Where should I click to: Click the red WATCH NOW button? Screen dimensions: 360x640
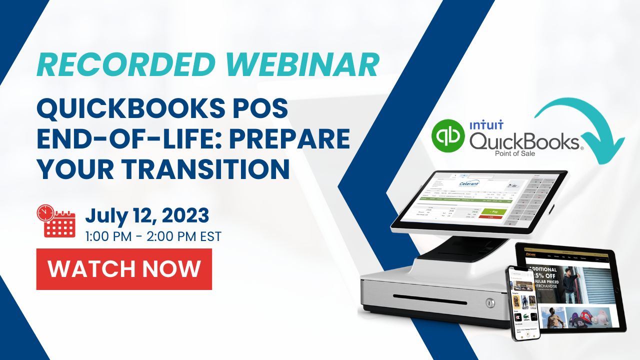124,269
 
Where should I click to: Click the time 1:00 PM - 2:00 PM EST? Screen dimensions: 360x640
153,236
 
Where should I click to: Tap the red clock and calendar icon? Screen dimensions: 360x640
55,220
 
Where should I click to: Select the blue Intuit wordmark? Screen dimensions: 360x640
486,124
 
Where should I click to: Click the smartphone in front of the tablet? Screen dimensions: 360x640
522,302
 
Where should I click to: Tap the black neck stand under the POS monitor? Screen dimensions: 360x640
456,247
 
